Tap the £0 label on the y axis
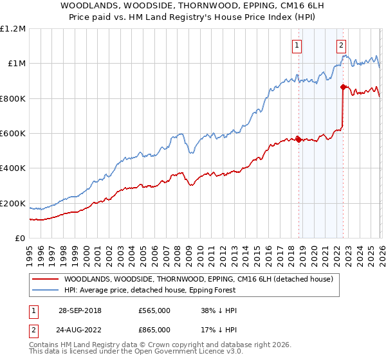coord(21,239)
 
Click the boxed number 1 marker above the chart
coord(297,45)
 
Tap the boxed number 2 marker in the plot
coord(340,45)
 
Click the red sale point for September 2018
coord(299,139)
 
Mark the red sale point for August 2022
coord(343,87)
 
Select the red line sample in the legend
coord(44,279)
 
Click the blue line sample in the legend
coord(44,290)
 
